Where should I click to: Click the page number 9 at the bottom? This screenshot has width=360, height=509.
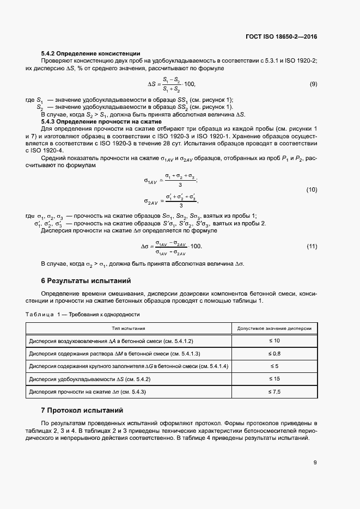point(315,463)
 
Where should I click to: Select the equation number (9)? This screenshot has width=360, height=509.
point(313,84)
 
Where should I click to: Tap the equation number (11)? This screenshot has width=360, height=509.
point(312,246)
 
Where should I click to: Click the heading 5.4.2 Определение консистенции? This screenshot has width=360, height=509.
point(83,54)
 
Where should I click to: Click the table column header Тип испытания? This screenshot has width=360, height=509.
point(129,329)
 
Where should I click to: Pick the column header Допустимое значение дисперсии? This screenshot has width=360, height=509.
point(273,329)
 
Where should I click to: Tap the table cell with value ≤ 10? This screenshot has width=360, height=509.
point(273,341)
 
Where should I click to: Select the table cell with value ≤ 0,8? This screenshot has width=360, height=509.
point(273,353)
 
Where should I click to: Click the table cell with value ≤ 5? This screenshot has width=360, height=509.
point(273,366)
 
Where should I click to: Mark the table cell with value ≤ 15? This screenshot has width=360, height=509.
point(273,378)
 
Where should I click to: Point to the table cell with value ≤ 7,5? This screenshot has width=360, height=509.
point(273,391)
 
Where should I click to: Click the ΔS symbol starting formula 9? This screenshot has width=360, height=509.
point(152,84)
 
